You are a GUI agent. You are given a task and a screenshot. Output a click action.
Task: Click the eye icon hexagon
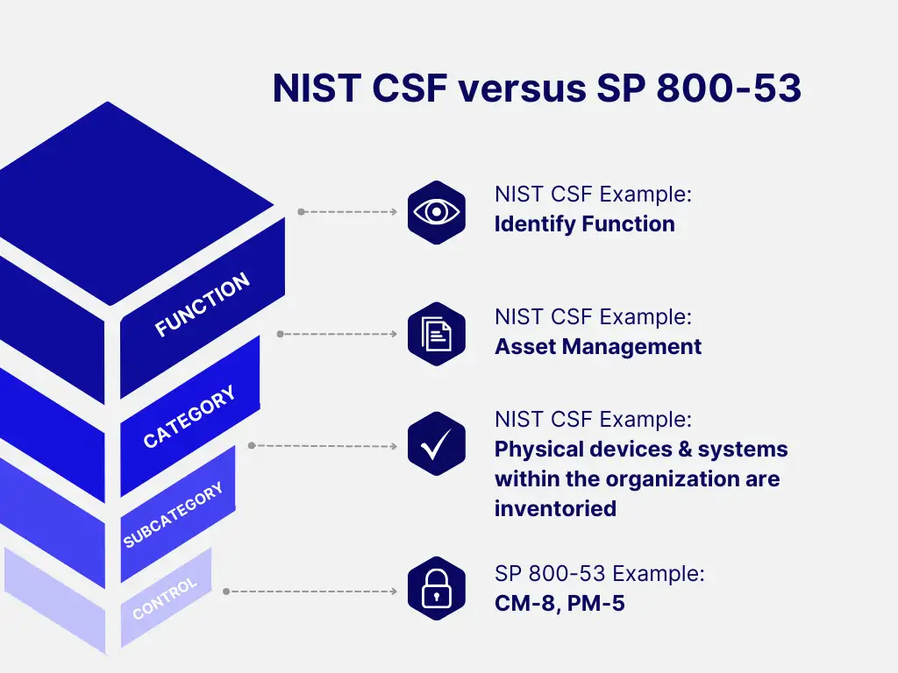click(x=436, y=212)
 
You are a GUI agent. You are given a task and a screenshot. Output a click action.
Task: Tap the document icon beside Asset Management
click(x=436, y=334)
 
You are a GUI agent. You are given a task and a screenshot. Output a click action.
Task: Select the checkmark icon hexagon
click(x=436, y=445)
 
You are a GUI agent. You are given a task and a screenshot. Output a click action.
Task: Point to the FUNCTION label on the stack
click(x=203, y=305)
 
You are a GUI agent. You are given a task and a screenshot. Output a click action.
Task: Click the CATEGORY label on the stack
click(x=189, y=417)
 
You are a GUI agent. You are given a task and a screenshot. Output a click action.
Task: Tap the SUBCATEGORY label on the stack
click(x=173, y=515)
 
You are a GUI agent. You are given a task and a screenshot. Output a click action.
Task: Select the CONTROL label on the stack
click(x=165, y=599)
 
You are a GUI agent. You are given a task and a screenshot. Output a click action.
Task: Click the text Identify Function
click(x=584, y=224)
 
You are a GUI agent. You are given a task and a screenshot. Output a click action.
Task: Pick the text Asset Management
click(x=597, y=347)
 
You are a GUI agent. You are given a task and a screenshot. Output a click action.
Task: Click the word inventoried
click(x=555, y=508)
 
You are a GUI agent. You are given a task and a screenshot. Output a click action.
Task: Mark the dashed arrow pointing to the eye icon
click(x=349, y=212)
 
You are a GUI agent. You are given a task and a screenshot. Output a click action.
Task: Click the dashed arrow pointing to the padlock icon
click(x=312, y=592)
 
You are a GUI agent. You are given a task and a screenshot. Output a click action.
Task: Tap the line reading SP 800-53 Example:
click(x=599, y=574)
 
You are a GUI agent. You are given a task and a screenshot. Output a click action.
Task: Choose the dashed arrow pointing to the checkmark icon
click(x=324, y=446)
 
